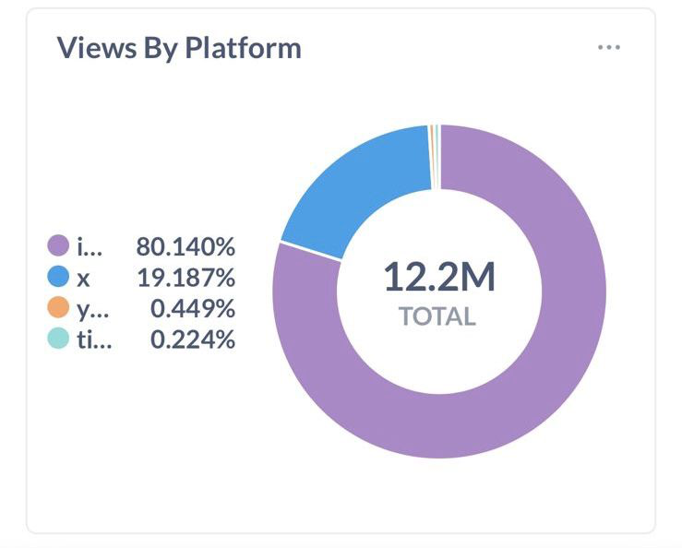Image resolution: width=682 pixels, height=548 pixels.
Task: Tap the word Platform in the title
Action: point(244,48)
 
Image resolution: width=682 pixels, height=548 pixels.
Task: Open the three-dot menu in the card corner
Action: point(608,47)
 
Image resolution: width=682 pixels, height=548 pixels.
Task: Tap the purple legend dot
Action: point(58,246)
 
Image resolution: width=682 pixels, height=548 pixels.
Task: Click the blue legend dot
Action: point(58,277)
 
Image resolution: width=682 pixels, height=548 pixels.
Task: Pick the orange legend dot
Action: point(58,308)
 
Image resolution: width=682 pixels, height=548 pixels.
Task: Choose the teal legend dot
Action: point(58,340)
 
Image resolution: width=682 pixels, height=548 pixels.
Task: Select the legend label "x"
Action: point(83,278)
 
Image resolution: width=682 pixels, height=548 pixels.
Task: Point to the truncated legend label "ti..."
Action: point(93,340)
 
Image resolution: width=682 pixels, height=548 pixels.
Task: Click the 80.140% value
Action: point(185,246)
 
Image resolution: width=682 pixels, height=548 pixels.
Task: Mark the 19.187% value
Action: point(186,278)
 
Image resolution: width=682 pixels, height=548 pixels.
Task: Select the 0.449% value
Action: point(192,309)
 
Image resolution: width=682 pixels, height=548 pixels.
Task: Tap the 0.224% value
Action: point(192,340)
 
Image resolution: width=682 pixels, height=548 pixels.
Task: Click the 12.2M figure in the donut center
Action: point(439,277)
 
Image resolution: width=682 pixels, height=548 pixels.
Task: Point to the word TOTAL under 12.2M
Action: point(437,317)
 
